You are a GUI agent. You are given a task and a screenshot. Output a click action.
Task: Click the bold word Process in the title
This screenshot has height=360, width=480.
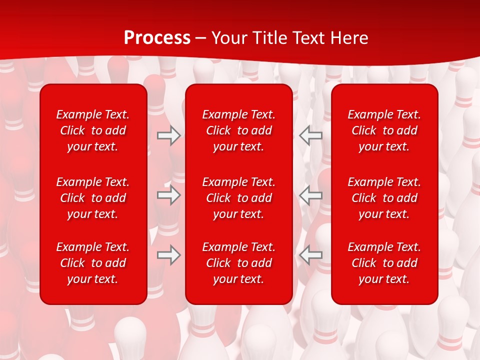point(157,38)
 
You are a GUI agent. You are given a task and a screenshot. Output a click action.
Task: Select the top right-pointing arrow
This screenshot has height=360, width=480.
point(168,135)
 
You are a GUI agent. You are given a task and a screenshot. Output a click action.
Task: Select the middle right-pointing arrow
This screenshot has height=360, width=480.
point(168,195)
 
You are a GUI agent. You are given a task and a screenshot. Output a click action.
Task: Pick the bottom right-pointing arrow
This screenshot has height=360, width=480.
point(168,255)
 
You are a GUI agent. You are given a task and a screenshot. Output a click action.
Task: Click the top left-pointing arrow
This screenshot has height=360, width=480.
point(311,135)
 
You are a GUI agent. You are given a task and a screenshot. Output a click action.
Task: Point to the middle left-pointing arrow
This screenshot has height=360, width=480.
point(311,195)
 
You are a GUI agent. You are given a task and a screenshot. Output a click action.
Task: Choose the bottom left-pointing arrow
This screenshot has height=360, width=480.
point(311,255)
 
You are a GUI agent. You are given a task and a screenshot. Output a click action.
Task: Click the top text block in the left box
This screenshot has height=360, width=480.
point(93,130)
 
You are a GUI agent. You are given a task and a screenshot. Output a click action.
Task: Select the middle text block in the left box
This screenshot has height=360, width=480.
point(93,198)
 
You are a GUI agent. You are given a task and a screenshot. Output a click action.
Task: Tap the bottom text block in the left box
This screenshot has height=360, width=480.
point(93,263)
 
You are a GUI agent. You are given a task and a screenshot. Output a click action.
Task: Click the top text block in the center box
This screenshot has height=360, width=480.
point(239,130)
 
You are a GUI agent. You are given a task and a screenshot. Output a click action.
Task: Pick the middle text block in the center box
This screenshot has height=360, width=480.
point(239,198)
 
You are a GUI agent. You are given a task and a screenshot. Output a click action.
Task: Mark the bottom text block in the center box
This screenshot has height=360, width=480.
point(239,263)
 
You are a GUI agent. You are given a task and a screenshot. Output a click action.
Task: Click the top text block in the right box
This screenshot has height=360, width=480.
point(384,130)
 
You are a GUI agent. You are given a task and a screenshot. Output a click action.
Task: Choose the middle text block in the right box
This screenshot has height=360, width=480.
point(384,198)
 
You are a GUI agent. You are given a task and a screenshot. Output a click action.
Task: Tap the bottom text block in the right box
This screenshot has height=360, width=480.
point(384,263)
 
